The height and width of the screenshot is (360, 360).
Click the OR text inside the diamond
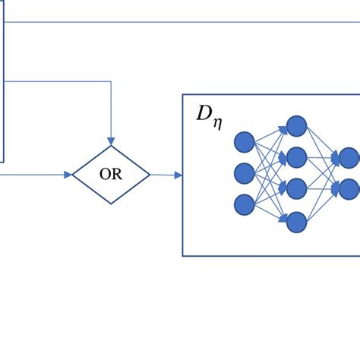tap(111, 175)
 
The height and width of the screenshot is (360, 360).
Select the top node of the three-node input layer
tap(245, 142)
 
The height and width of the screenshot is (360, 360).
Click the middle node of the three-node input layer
tap(245, 172)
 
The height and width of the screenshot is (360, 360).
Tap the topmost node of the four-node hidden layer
tap(296, 126)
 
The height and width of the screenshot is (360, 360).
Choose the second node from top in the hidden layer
tap(296, 157)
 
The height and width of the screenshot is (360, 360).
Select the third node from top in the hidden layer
tap(296, 188)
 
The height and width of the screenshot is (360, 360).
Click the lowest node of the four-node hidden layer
tap(296, 221)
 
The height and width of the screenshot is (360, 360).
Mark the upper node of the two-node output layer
tap(349, 158)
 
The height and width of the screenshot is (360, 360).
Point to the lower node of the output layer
tap(349, 188)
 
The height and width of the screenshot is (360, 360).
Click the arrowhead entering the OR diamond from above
tap(111, 141)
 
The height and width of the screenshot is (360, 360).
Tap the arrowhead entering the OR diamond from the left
tap(68, 175)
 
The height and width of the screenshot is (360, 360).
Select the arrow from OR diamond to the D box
tap(166, 175)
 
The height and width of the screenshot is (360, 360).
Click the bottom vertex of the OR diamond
tap(111, 204)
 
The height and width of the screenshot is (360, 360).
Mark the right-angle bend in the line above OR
tap(111, 81)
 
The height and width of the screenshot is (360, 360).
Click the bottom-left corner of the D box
tap(183, 255)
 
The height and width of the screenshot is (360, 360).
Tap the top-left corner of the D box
tap(183, 95)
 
